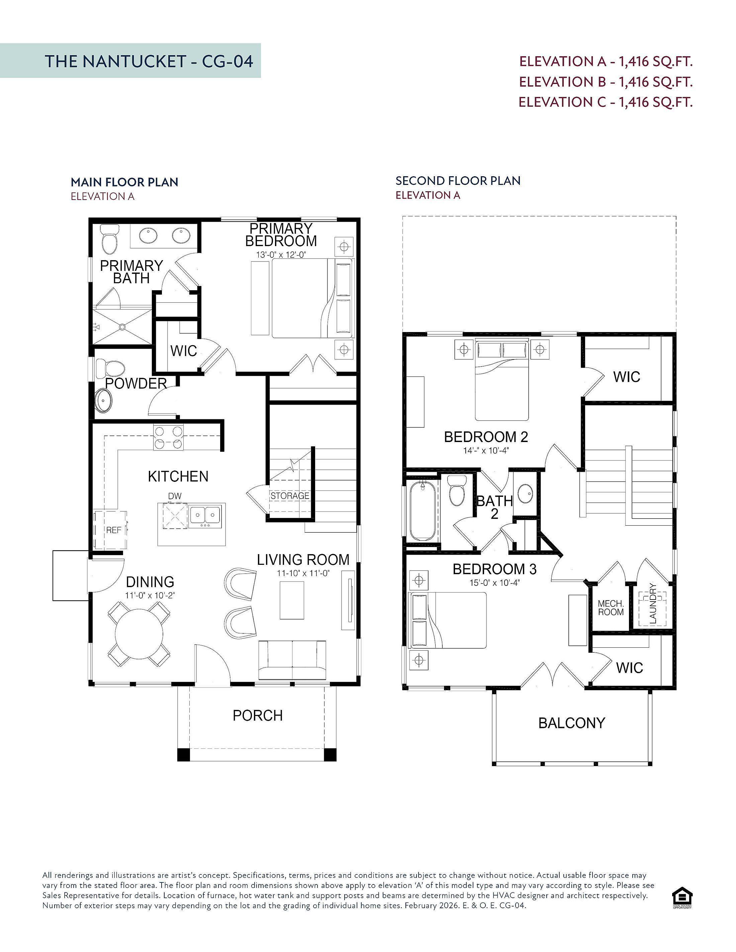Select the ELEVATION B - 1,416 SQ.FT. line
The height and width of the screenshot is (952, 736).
pos(606,82)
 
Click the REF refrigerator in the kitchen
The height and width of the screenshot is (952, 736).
pos(111,530)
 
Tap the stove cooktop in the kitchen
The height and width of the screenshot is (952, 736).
pos(168,438)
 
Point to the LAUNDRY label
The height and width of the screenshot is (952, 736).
pos(653,603)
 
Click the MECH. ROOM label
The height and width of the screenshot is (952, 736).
pos(611,608)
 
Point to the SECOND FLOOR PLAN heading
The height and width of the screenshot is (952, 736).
pos(458,181)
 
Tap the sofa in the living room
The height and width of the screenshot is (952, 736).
pos(292,660)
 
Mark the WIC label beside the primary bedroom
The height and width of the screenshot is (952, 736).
pos(184,351)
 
